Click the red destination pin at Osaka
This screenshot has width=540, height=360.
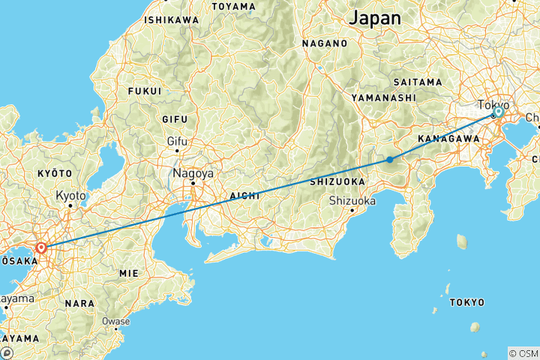[41, 247]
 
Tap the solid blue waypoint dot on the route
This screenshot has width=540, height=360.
[390, 159]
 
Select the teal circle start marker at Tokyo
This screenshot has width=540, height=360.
[498, 112]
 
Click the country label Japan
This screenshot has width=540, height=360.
[376, 17]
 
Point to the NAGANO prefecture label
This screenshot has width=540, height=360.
[325, 43]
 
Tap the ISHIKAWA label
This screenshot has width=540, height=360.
[172, 19]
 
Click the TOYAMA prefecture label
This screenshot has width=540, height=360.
[234, 7]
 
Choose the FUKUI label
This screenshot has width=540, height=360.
[145, 91]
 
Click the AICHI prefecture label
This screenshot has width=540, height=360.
[244, 195]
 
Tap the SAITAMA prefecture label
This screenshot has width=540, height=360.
[417, 81]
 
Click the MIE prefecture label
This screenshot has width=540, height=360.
[128, 274]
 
